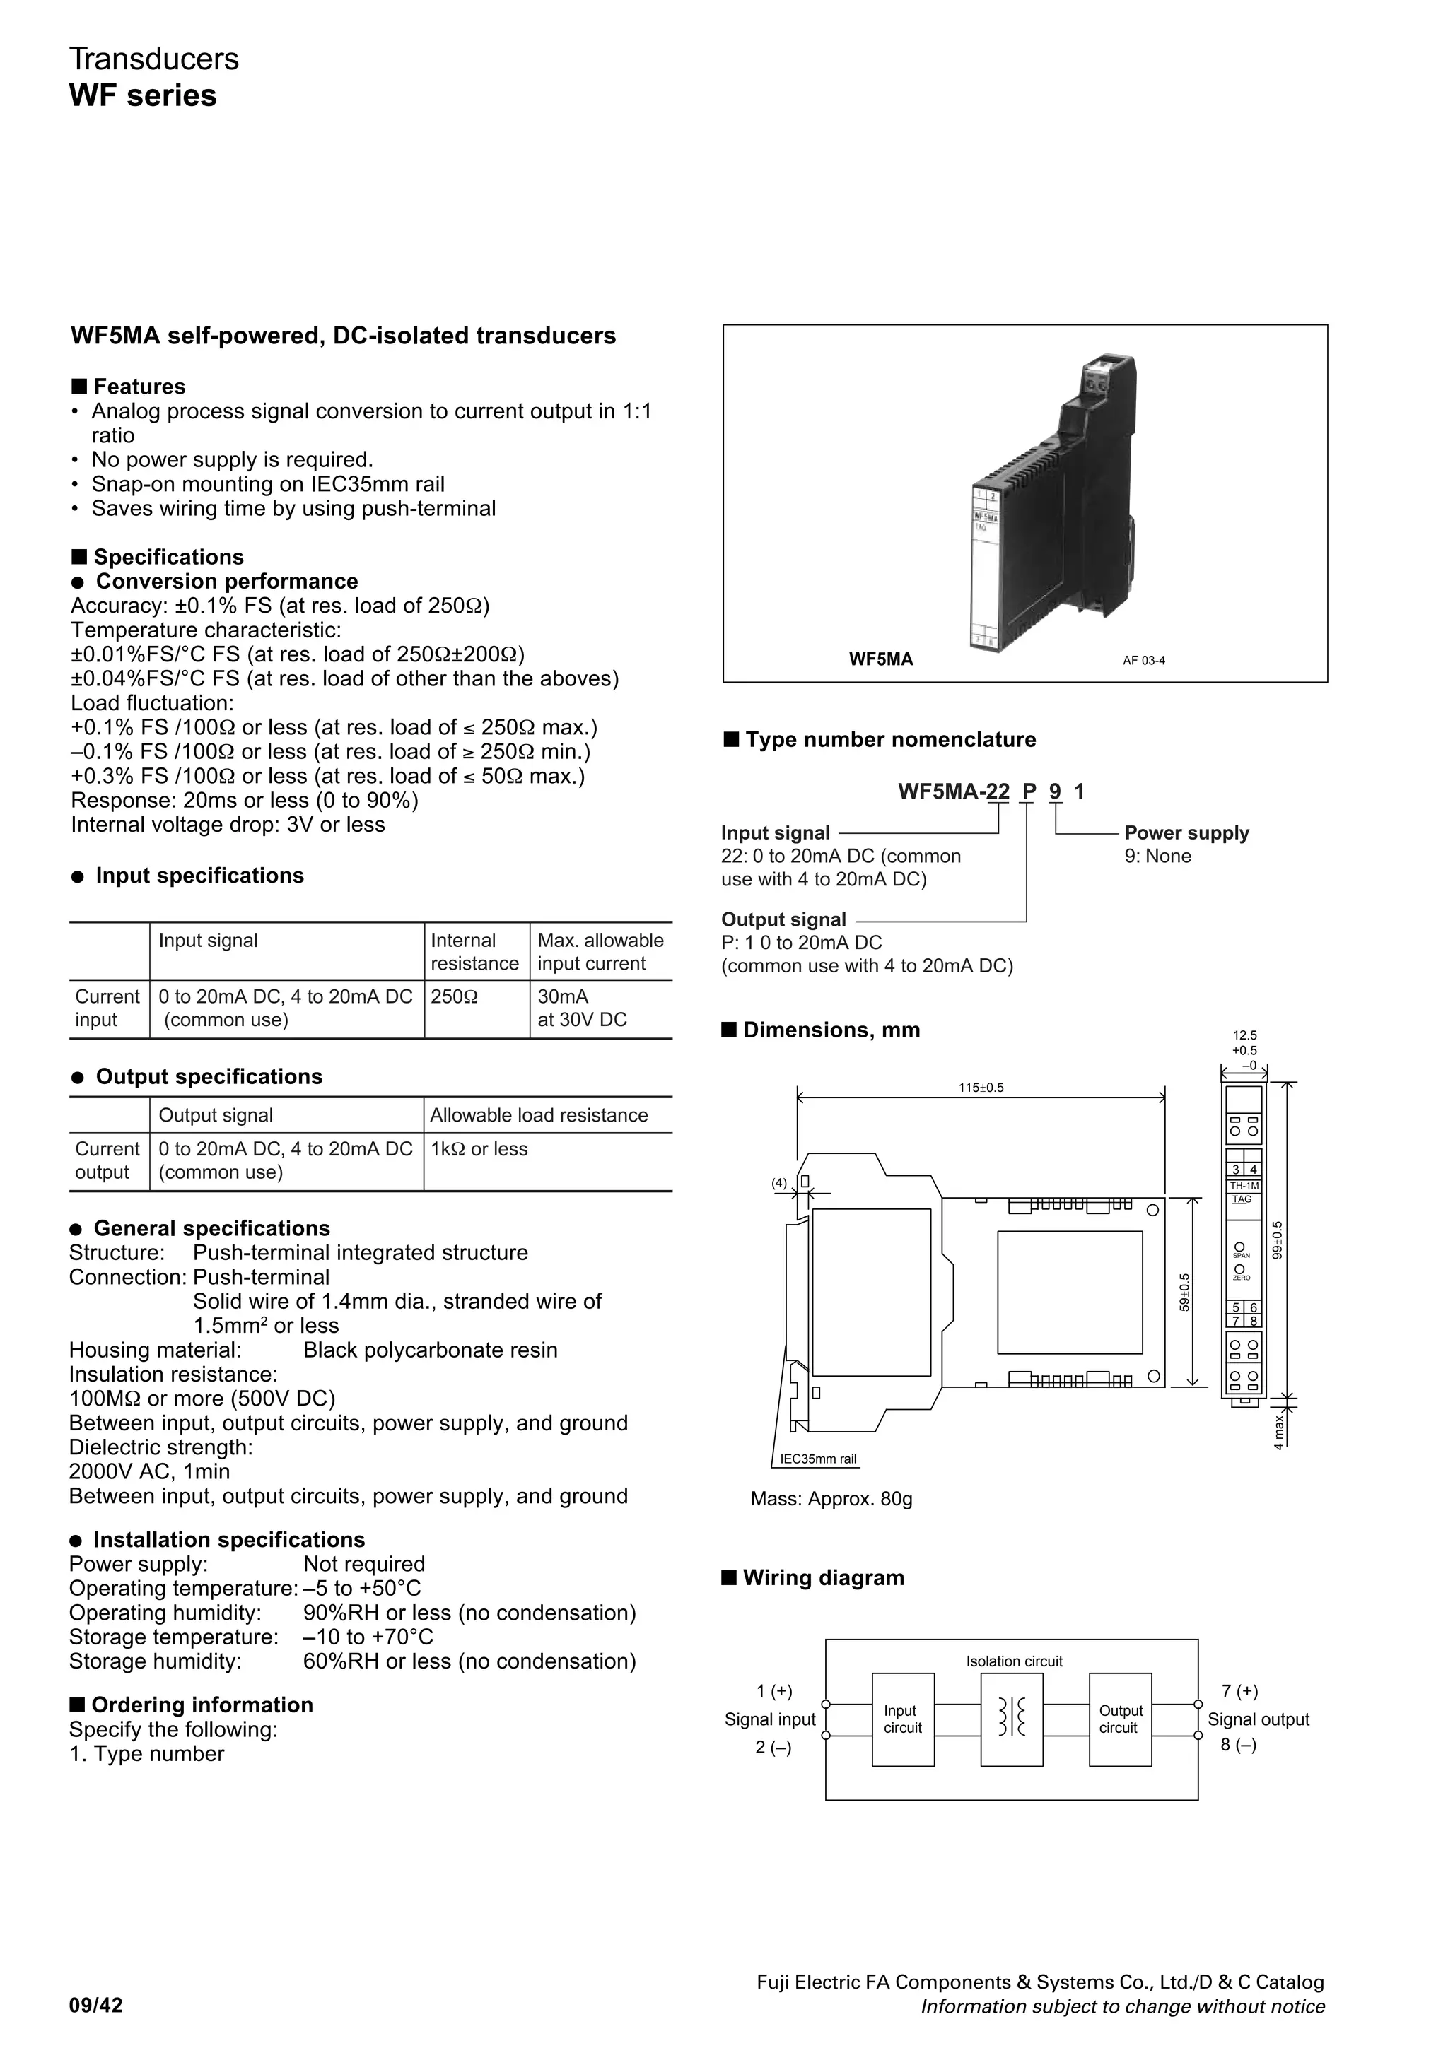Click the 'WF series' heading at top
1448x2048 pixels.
(143, 95)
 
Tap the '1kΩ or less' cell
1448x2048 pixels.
(479, 1149)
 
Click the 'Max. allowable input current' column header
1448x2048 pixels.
(600, 952)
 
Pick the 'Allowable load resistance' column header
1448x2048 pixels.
(539, 1115)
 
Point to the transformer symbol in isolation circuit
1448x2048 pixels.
(1011, 1717)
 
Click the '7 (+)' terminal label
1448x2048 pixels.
(1239, 1691)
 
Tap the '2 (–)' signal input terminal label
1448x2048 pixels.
(773, 1748)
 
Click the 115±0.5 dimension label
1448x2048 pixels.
(981, 1088)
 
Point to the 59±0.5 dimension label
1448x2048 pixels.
(1184, 1292)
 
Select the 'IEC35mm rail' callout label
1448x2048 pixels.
(818, 1459)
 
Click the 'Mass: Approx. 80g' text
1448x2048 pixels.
(831, 1498)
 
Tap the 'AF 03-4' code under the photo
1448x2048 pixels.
(1144, 661)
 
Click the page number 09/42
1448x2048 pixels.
(96, 2006)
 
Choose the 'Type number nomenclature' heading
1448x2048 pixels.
(889, 739)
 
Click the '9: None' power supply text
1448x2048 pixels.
(1157, 857)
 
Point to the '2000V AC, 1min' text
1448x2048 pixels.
(149, 1472)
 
